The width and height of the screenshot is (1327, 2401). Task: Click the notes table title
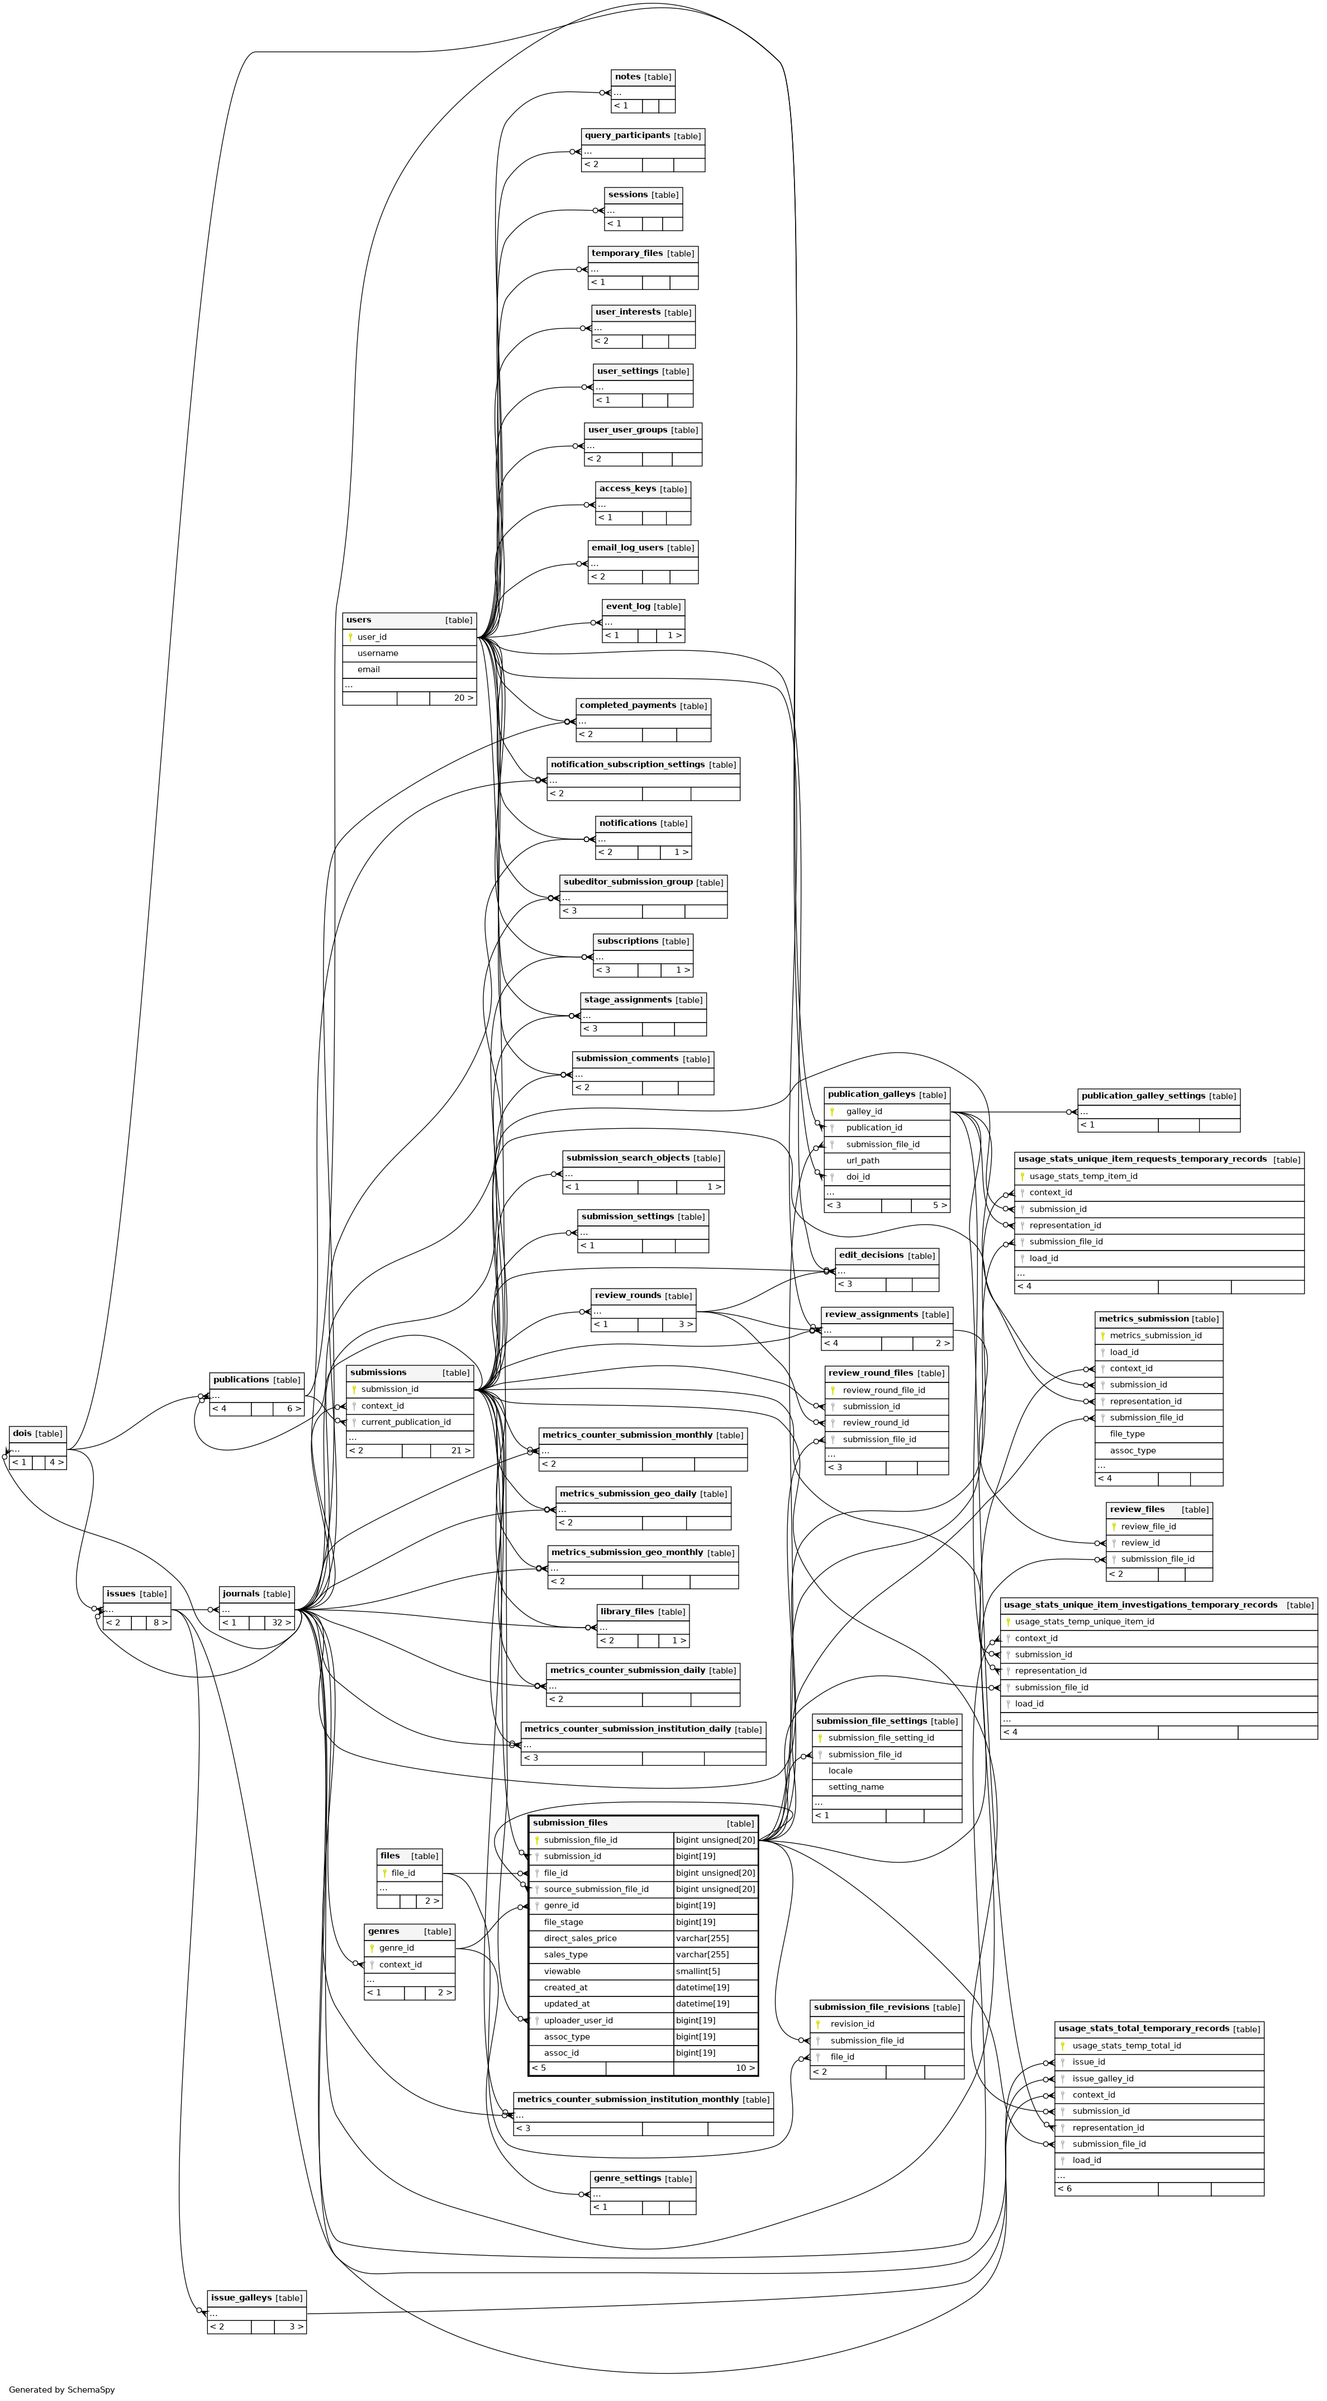tap(627, 77)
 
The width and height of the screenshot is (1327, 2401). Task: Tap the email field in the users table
tap(368, 669)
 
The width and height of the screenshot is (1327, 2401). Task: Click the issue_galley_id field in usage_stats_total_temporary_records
tap(1102, 2079)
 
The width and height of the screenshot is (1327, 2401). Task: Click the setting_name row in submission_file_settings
tap(855, 1787)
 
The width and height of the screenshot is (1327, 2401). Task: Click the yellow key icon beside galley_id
tap(831, 1112)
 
